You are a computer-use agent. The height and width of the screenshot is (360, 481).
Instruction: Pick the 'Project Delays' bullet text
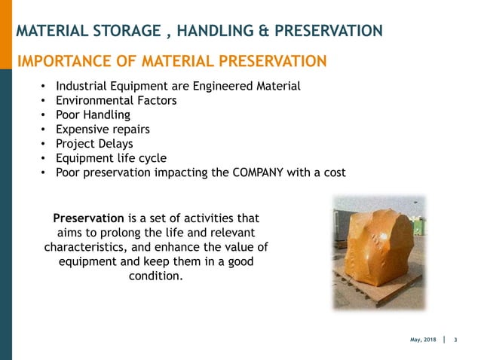click(94, 143)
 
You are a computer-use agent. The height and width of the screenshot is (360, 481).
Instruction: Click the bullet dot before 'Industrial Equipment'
click(44, 86)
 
